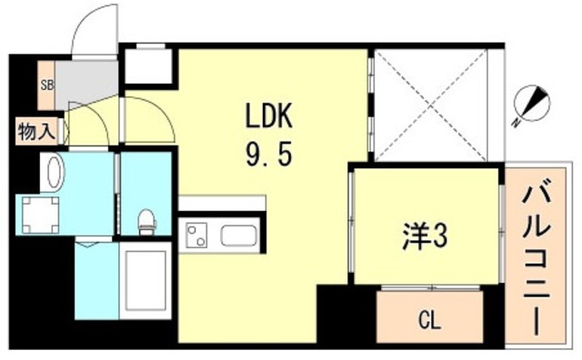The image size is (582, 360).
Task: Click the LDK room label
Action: pos(266,117)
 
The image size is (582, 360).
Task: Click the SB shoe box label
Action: pos(45,85)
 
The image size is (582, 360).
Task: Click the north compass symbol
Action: pos(530,104)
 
